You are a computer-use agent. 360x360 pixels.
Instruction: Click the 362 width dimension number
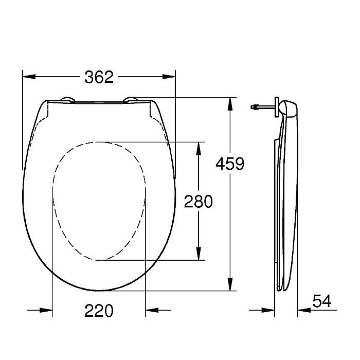[99, 77]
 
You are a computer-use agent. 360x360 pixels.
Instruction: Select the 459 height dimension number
[229, 164]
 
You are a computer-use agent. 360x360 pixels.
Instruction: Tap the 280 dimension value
[198, 201]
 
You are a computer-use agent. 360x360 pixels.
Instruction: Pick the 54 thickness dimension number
[322, 300]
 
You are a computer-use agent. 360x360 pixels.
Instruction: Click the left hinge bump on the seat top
[66, 100]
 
